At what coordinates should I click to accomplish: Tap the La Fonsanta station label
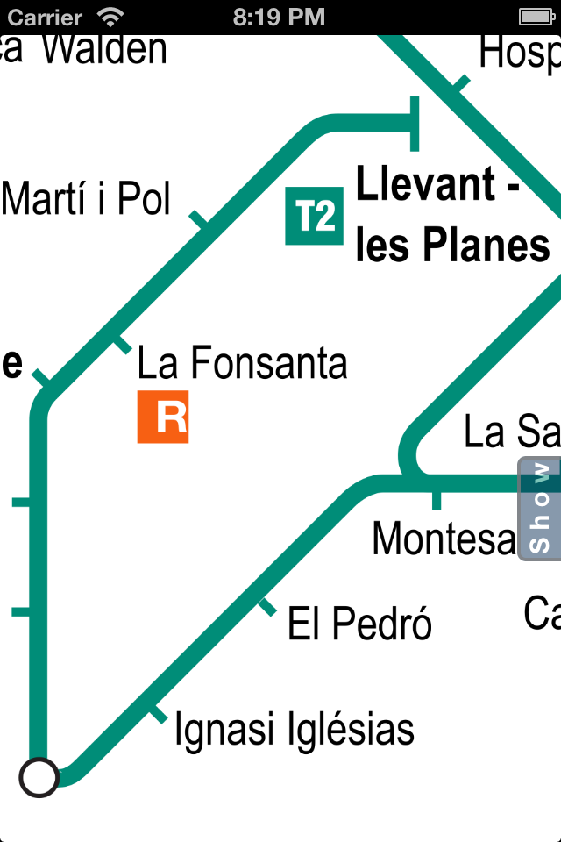[x=242, y=363]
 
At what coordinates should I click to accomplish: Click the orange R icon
[x=163, y=417]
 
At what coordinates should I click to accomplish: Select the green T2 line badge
[x=315, y=216]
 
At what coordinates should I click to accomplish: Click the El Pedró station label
[x=359, y=624]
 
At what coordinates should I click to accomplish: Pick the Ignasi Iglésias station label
[x=294, y=730]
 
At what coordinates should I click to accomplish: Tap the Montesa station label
[x=444, y=538]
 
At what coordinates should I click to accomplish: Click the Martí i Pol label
[x=86, y=199]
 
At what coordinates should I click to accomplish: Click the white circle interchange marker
[x=39, y=776]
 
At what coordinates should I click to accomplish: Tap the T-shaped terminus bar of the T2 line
[x=415, y=125]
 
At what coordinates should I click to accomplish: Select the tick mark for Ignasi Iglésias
[x=157, y=715]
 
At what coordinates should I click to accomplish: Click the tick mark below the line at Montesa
[x=436, y=500]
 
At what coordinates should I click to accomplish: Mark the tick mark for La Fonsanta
[x=121, y=345]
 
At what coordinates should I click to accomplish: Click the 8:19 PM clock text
[x=280, y=17]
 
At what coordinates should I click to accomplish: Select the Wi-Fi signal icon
[x=111, y=17]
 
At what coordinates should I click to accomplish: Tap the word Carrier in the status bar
[x=45, y=17]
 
